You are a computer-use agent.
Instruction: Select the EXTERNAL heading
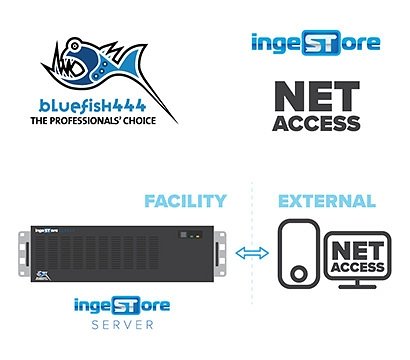[326, 201]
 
